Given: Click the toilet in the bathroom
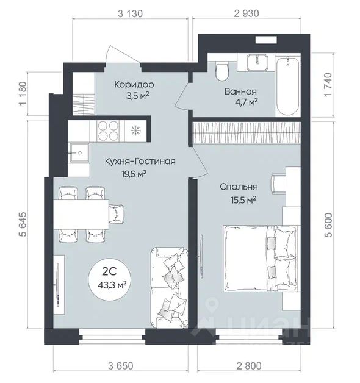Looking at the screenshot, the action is [222, 70].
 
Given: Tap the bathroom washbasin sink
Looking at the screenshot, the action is [257, 62].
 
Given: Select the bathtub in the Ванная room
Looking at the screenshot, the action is [287, 87].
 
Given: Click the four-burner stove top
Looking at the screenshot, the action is [108, 131].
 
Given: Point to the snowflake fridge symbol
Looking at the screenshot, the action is [135, 131].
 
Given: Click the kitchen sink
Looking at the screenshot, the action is [79, 153].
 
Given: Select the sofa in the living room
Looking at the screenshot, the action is [169, 288].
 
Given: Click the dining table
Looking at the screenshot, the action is [81, 214].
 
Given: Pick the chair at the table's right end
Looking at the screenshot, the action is [117, 214].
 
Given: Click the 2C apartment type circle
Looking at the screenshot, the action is [109, 281].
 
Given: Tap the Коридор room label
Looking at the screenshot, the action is [134, 85].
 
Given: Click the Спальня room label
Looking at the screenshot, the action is [239, 187].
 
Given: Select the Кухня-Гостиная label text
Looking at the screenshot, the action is [140, 162].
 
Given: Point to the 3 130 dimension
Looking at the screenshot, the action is [130, 13].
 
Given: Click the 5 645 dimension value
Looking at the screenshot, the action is [23, 224].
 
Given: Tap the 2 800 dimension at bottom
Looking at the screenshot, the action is [249, 366].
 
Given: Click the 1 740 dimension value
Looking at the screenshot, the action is [328, 85].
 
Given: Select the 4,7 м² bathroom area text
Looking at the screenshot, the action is [247, 102].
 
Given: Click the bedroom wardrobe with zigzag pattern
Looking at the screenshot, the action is [247, 133].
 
